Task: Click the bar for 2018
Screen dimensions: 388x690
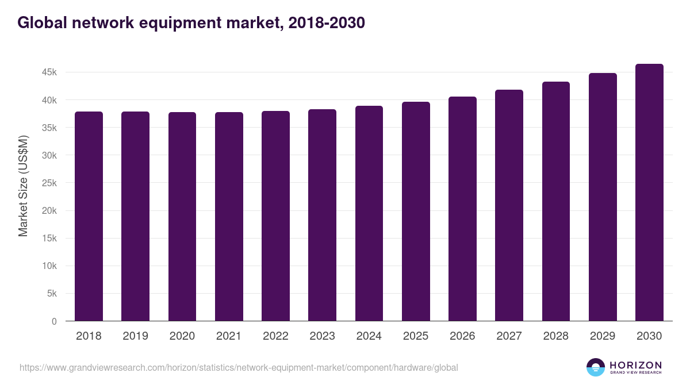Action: tap(89, 216)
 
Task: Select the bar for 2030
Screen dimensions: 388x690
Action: tap(649, 193)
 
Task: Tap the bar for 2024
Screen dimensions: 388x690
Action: tap(369, 213)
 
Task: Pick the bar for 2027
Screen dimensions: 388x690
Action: tap(509, 205)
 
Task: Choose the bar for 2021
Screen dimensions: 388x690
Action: tap(229, 217)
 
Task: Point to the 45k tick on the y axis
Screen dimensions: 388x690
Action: tap(48, 72)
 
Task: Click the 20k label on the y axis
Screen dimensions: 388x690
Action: tap(48, 211)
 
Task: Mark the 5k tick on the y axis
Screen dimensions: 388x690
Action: tap(51, 294)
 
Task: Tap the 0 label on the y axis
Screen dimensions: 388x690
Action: tap(54, 321)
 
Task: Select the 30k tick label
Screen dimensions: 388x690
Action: tap(48, 155)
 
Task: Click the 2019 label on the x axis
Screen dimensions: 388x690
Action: tap(135, 336)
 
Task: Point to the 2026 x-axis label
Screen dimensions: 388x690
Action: tap(462, 336)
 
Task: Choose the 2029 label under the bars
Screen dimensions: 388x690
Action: tap(603, 336)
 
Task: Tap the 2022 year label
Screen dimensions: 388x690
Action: tap(275, 336)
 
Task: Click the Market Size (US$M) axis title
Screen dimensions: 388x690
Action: tap(23, 185)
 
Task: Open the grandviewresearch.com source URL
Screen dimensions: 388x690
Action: tap(239, 367)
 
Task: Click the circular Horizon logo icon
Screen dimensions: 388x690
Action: tap(595, 367)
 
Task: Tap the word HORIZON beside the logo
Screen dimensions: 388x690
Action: tap(635, 365)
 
